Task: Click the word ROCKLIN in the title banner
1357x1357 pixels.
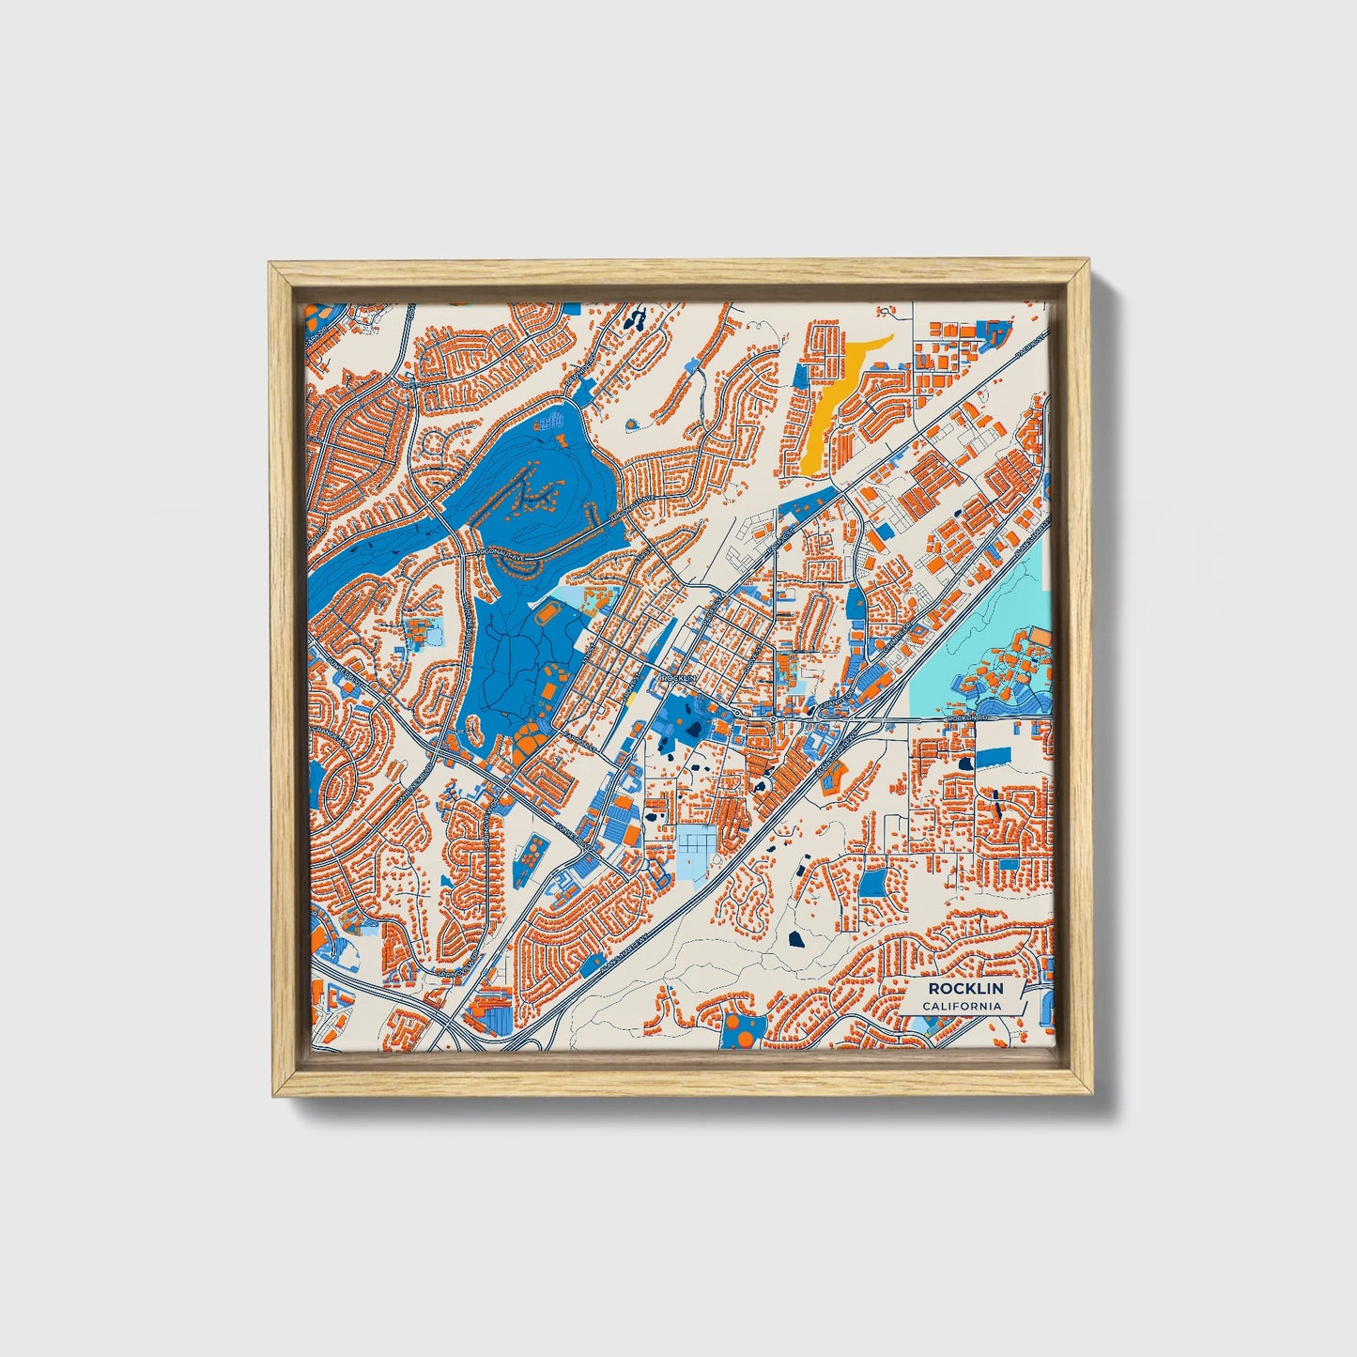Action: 965,989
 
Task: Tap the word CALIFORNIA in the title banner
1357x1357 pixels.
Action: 961,1007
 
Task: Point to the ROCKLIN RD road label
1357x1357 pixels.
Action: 968,717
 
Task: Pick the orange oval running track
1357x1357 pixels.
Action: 547,617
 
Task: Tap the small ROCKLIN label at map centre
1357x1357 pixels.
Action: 677,677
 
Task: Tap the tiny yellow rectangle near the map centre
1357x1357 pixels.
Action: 633,698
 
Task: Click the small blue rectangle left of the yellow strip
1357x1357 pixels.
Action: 801,373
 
